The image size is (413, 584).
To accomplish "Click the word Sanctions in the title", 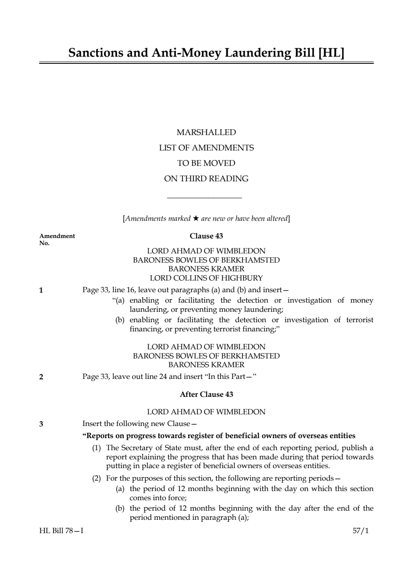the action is [96, 53].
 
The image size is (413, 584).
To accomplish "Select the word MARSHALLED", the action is [206, 133].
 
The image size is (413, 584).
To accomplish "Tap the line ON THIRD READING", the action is [206, 179].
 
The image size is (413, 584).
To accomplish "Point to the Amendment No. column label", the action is [57, 239].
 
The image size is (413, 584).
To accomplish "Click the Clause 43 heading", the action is [206, 236].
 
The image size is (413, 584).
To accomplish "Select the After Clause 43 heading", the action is [206, 394].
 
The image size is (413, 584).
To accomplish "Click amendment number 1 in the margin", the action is [41, 291].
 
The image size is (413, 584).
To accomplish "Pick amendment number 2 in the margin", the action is [41, 377].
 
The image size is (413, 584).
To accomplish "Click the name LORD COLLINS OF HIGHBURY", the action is [206, 278].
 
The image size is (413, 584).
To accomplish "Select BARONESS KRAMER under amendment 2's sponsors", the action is [206, 365].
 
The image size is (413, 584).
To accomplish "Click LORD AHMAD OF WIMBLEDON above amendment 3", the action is [206, 412].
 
